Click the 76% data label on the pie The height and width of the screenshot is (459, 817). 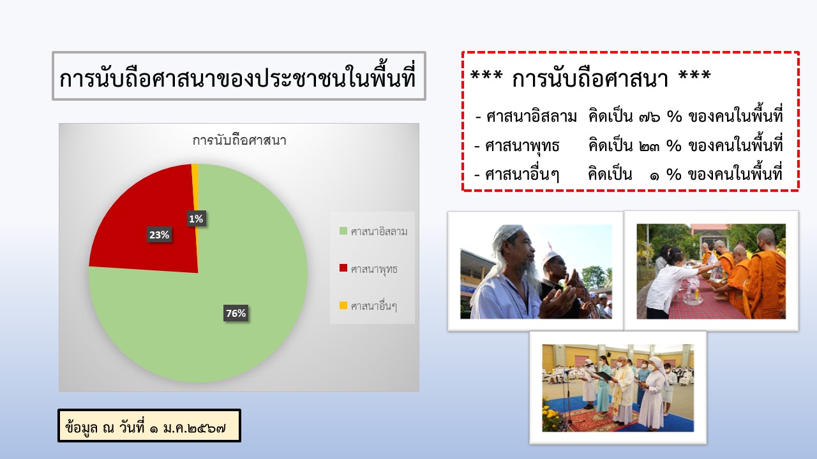[x=236, y=313]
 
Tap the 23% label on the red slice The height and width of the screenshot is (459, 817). [x=160, y=235]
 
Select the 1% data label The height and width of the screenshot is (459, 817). [x=196, y=219]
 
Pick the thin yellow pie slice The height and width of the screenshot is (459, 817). [x=195, y=189]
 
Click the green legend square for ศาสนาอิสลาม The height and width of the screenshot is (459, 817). [x=343, y=231]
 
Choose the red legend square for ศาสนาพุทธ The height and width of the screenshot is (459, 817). [x=343, y=268]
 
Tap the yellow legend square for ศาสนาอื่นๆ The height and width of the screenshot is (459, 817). [x=343, y=305]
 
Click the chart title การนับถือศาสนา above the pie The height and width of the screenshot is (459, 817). [x=239, y=140]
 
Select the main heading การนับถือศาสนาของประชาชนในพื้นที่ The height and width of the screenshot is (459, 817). [x=238, y=78]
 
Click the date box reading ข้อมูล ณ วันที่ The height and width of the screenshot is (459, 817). [x=149, y=425]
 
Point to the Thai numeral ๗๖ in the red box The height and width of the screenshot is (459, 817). [x=650, y=117]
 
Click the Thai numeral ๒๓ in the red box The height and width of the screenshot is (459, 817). [x=649, y=147]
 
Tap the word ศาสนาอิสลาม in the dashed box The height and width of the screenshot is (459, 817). [x=532, y=117]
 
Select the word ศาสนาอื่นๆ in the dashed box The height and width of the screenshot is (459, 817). [x=522, y=175]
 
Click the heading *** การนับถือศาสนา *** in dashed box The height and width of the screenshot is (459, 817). [x=590, y=78]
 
